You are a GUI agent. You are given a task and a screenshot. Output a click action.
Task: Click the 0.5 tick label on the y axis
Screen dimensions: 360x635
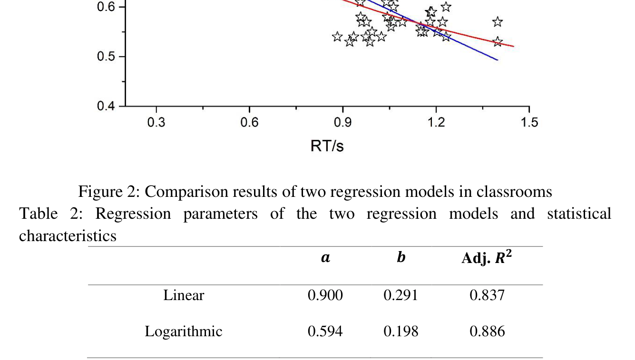107,57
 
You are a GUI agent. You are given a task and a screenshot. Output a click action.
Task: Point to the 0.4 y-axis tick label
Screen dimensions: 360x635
107,106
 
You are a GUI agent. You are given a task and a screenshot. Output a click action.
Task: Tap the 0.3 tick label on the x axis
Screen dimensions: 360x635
156,123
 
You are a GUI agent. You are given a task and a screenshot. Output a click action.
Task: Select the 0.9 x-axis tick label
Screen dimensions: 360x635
342,123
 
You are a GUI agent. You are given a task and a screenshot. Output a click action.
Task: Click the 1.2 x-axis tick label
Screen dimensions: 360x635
436,123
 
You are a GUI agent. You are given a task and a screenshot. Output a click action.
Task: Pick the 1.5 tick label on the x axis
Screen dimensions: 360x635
529,123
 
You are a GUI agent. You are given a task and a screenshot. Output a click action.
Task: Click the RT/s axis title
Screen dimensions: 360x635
327,146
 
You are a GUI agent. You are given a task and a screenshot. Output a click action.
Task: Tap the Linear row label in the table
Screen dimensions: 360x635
184,295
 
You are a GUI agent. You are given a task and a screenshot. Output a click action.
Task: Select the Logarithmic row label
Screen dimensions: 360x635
183,331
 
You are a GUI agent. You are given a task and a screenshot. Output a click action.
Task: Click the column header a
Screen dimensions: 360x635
325,258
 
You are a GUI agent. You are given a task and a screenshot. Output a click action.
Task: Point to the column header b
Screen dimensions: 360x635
401,258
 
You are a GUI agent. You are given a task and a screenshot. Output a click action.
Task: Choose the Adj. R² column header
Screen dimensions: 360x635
487,258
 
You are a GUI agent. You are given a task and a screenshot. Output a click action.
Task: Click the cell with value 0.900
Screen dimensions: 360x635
325,295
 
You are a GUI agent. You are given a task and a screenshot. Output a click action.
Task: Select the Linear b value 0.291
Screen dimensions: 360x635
401,295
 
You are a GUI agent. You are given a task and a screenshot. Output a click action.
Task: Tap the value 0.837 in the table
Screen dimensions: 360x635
487,295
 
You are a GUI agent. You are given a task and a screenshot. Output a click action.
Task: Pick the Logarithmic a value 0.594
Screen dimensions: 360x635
325,331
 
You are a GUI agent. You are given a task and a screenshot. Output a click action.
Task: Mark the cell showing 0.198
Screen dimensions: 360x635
401,331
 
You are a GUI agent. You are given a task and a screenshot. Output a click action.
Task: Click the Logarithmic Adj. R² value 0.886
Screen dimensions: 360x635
487,331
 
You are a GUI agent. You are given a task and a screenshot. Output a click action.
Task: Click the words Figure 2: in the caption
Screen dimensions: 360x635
109,192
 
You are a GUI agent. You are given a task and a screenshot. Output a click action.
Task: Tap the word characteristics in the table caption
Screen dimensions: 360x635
68,235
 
